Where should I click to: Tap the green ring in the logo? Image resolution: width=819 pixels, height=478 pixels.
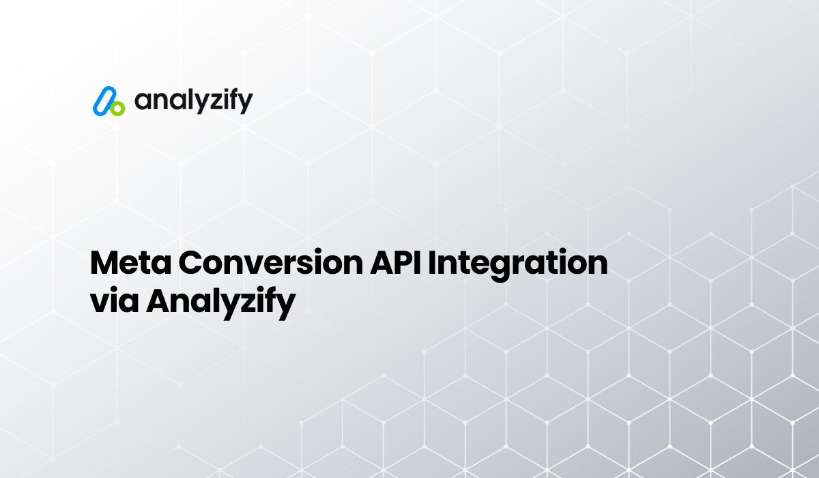(x=117, y=108)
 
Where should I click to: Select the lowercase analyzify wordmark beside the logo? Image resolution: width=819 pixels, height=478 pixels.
(x=193, y=102)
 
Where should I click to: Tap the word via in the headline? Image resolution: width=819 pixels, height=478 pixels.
(x=114, y=300)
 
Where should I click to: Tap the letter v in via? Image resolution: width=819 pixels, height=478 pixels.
(x=100, y=302)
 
